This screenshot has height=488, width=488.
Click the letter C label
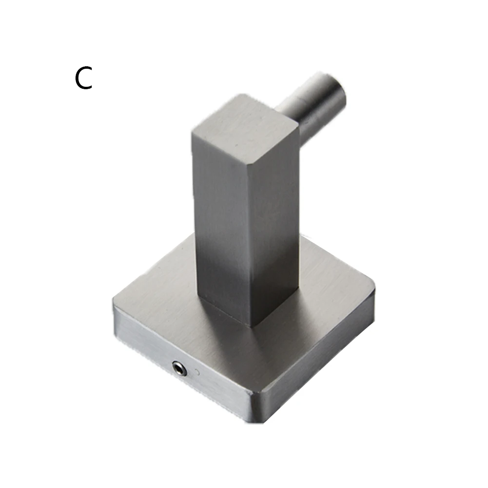tap(83, 78)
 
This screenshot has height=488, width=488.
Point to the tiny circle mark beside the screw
tap(196, 371)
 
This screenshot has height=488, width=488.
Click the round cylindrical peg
tap(314, 106)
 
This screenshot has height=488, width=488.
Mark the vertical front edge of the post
tap(250, 243)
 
